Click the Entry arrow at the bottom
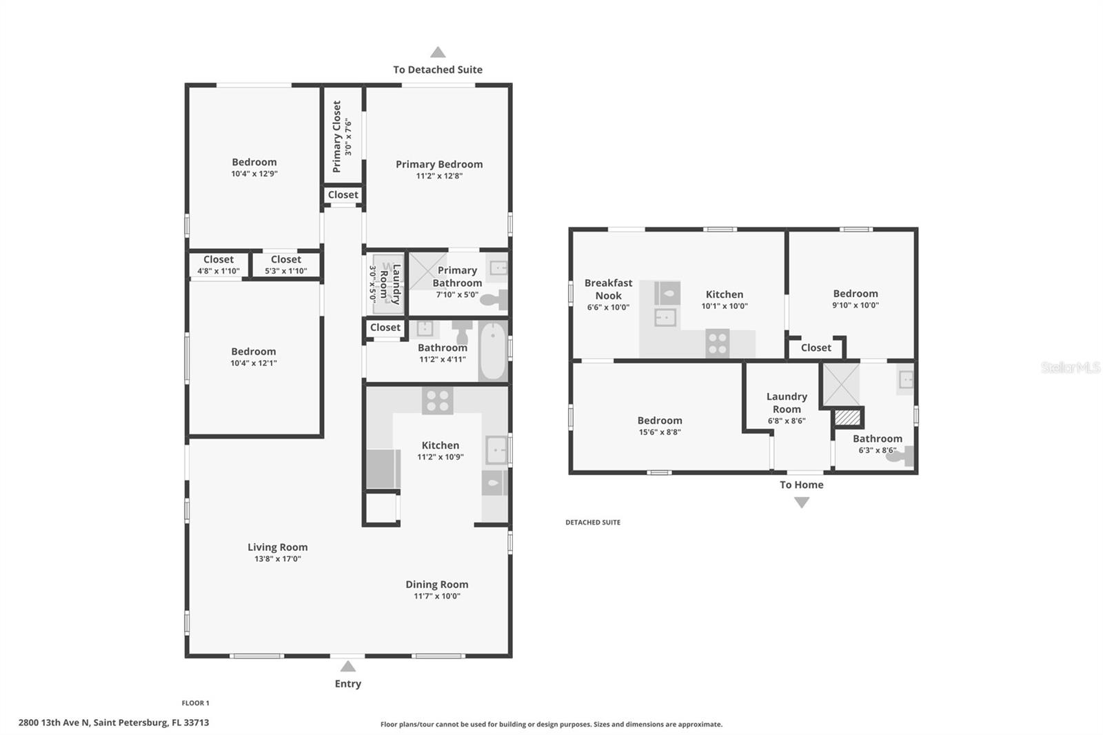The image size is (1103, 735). (x=348, y=667)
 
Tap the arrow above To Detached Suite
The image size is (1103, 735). (x=438, y=52)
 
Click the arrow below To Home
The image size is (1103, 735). (x=801, y=503)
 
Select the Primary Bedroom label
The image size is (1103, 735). (x=439, y=164)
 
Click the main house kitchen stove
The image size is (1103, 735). (x=437, y=401)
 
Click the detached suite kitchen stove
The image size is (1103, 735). (x=718, y=343)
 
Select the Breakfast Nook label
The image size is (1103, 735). (x=608, y=289)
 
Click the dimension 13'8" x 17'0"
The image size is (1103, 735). (x=277, y=559)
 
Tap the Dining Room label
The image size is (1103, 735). (x=436, y=585)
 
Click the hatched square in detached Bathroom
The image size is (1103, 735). (x=848, y=418)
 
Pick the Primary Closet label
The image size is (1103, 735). (x=337, y=137)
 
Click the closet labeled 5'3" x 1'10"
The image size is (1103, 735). (x=285, y=265)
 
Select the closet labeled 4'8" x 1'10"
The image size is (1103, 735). (x=219, y=265)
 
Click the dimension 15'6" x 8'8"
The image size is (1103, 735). (x=659, y=432)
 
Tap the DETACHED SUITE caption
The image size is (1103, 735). (x=593, y=523)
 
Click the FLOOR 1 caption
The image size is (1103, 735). (x=195, y=703)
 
